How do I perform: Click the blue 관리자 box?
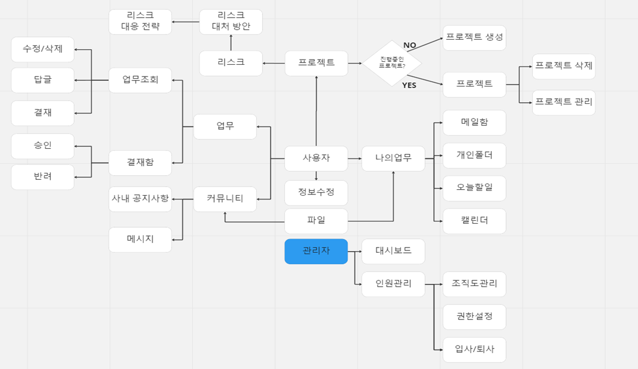click(x=316, y=251)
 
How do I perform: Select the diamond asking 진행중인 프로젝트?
click(x=392, y=63)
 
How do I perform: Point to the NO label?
click(x=410, y=45)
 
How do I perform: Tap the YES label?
click(x=409, y=85)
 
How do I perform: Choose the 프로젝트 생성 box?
click(x=474, y=37)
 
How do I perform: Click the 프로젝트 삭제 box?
click(x=563, y=66)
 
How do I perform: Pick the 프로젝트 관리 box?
click(x=563, y=102)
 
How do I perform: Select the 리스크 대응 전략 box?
click(x=140, y=22)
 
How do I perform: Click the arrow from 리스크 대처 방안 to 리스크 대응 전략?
click(x=185, y=22)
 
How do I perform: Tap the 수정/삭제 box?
click(x=43, y=49)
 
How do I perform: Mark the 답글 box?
click(x=43, y=80)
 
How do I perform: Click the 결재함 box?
click(x=140, y=163)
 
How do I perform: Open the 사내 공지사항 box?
click(x=140, y=199)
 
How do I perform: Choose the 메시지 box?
click(x=140, y=239)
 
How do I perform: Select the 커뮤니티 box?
click(x=225, y=199)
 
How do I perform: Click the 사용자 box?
click(x=316, y=158)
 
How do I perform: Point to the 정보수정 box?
click(x=316, y=193)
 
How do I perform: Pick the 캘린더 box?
click(x=474, y=221)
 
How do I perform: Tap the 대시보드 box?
click(x=393, y=251)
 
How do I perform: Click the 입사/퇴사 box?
click(x=474, y=350)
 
